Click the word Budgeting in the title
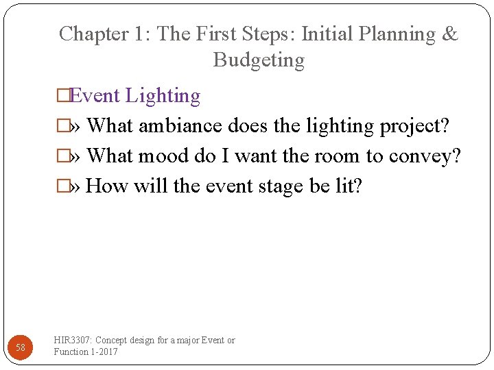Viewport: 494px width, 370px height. [259, 60]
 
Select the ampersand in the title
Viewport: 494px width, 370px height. [451, 34]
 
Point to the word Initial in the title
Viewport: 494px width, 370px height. [327, 34]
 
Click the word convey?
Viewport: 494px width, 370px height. [425, 157]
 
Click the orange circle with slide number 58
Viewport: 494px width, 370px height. [21, 347]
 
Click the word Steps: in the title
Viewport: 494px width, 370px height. [261, 34]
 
